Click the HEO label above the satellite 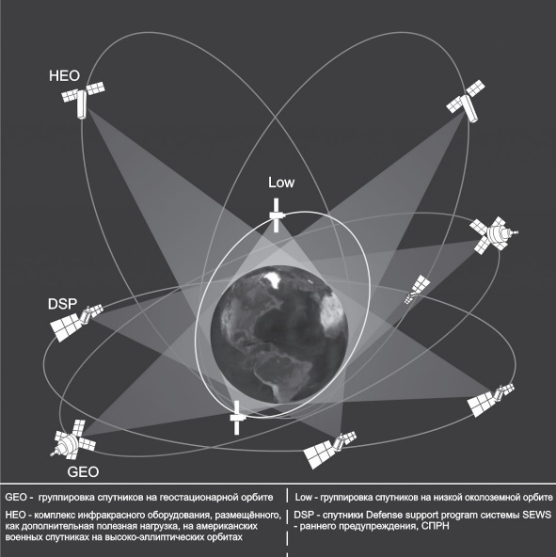point(64,76)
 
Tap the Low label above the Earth point(281,183)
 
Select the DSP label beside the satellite point(62,304)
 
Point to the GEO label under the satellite point(83,472)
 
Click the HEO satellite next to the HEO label point(83,100)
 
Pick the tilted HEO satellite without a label point(466,101)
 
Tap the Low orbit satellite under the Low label point(277,215)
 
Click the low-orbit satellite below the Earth point(237,418)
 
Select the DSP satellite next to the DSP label point(76,322)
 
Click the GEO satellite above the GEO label point(73,440)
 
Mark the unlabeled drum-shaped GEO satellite point(494,234)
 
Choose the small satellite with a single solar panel point(418,289)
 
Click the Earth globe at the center point(279,335)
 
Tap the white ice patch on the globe point(274,279)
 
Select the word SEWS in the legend point(538,515)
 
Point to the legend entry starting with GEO point(139,497)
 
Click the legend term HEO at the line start point(16,515)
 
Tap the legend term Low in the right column point(303,497)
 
